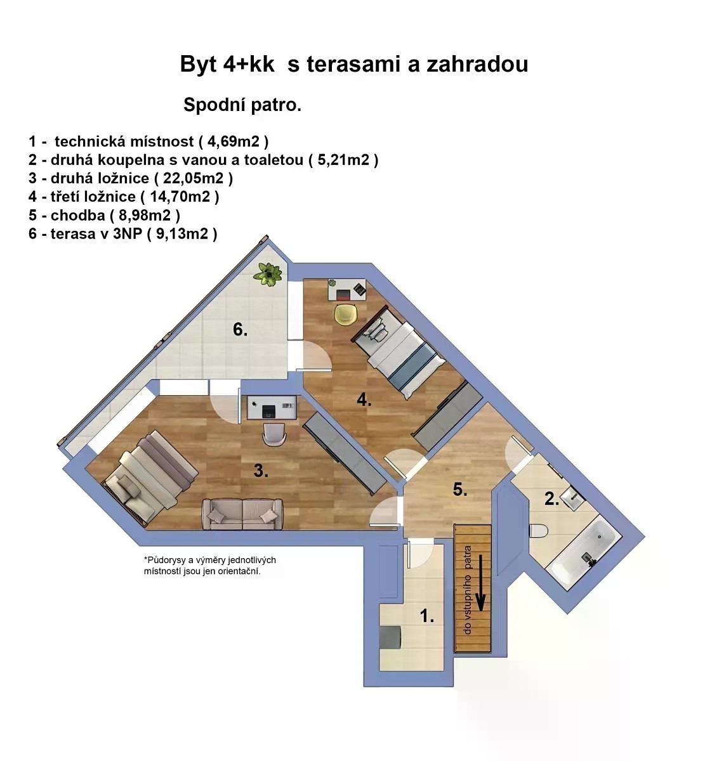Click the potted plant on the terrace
(268, 273)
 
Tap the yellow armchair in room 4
(346, 315)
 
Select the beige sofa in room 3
(242, 514)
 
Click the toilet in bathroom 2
(539, 531)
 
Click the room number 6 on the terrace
(240, 330)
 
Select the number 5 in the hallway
(460, 490)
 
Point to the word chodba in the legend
(78, 216)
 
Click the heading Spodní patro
(242, 105)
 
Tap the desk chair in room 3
(274, 434)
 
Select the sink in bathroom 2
(573, 498)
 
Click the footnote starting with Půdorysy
(210, 566)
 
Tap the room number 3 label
(261, 471)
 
